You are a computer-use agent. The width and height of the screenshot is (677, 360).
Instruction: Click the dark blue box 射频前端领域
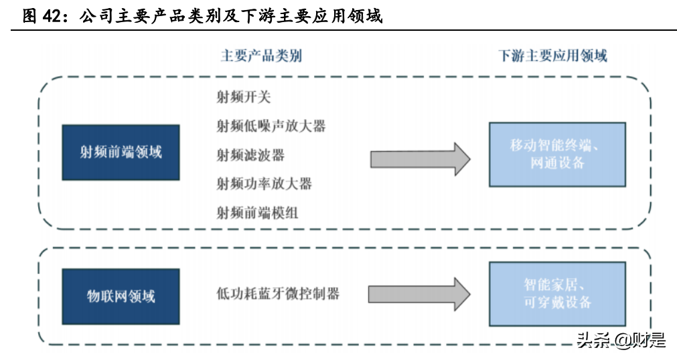(121, 152)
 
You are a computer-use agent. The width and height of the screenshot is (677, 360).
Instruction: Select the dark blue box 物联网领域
(121, 296)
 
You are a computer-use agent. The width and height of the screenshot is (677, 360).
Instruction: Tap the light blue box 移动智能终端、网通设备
(557, 155)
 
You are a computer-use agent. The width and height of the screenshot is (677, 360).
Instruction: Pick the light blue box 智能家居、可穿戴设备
(557, 294)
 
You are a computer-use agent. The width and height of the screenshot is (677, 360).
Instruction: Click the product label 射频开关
(244, 97)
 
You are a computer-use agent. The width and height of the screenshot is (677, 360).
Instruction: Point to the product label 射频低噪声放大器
(271, 126)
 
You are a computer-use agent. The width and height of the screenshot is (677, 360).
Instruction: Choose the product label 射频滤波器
(250, 155)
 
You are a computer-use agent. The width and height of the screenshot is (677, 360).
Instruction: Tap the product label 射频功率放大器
(264, 183)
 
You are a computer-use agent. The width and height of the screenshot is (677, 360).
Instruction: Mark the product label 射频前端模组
(257, 213)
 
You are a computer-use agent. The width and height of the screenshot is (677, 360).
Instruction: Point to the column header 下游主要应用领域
(552, 56)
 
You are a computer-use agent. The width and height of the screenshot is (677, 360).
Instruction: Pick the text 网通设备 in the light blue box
(557, 163)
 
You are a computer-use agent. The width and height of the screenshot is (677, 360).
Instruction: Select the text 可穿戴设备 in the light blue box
(557, 302)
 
